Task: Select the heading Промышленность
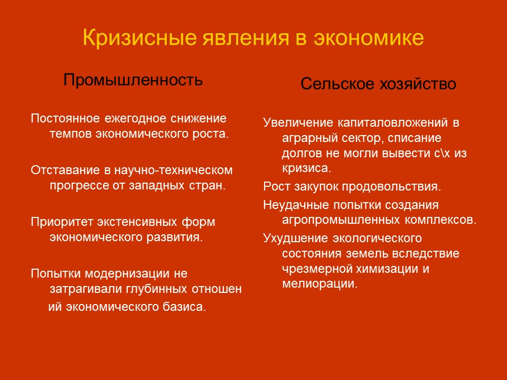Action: point(133,80)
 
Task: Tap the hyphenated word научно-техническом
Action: point(170,170)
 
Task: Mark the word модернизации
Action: point(125,273)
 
